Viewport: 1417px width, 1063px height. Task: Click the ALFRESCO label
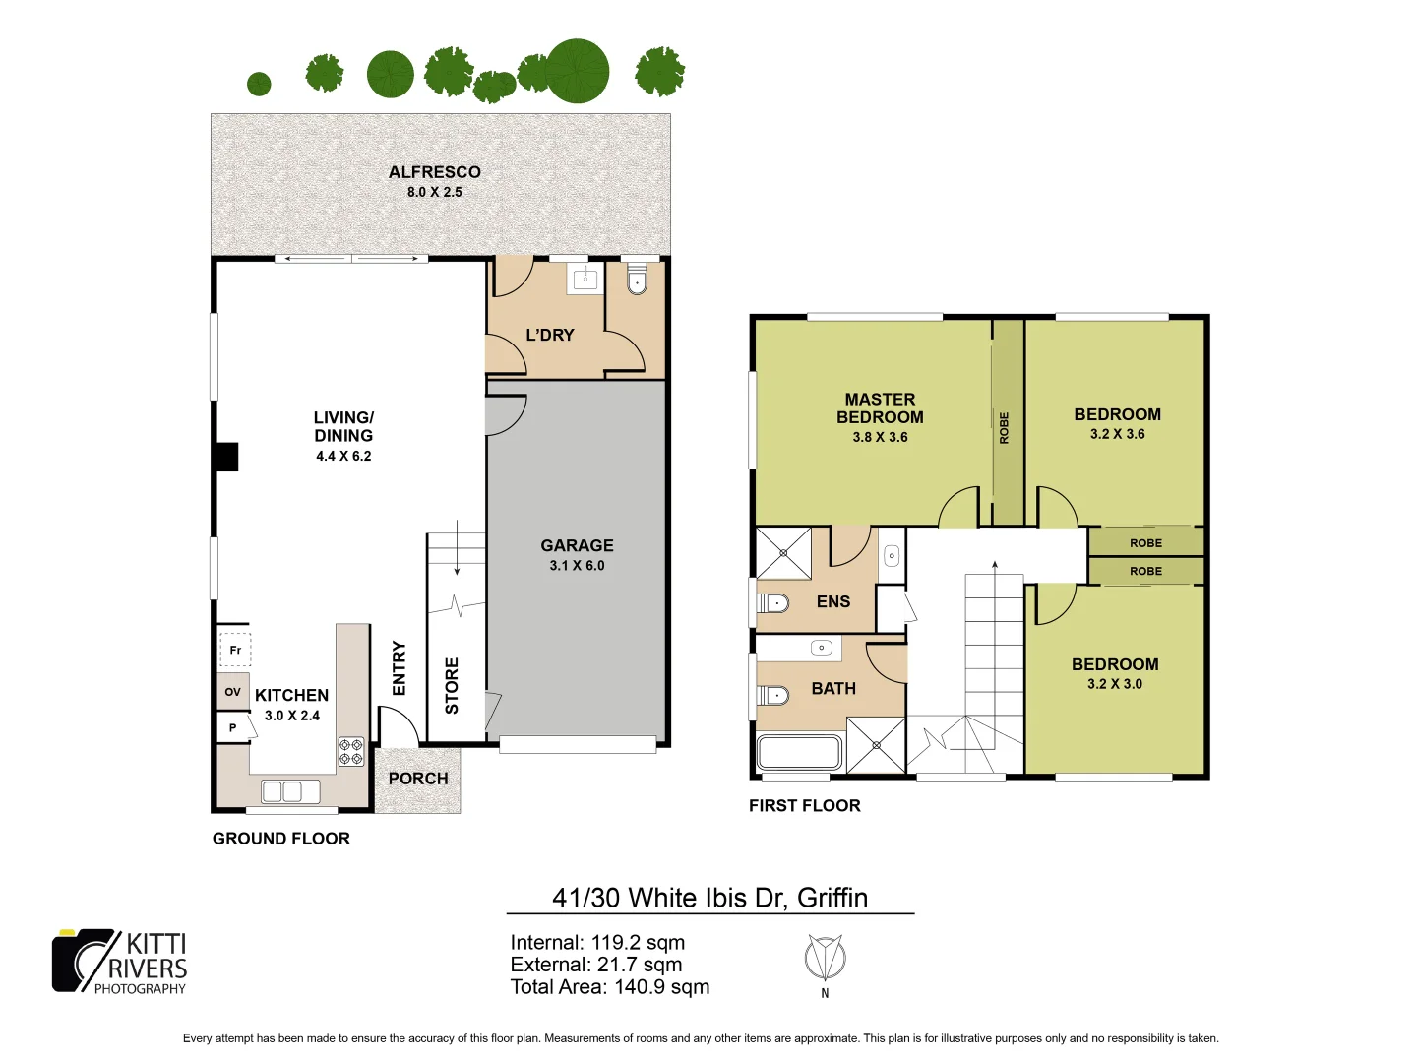pyautogui.click(x=434, y=172)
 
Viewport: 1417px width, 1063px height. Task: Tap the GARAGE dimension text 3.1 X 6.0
pyautogui.click(x=577, y=566)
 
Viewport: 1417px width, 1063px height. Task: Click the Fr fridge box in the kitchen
pyautogui.click(x=235, y=650)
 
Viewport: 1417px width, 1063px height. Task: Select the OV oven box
pyautogui.click(x=233, y=692)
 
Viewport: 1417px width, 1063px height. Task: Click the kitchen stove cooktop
pyautogui.click(x=351, y=751)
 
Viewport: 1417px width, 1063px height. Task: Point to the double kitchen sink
pyautogui.click(x=290, y=791)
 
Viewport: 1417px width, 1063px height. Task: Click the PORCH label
pyautogui.click(x=418, y=779)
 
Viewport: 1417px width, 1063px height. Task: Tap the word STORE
pyautogui.click(x=452, y=685)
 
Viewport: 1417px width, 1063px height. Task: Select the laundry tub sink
pyautogui.click(x=585, y=279)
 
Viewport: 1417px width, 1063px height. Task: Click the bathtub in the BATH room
pyautogui.click(x=798, y=753)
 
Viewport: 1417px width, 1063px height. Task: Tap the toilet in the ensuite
pyautogui.click(x=773, y=602)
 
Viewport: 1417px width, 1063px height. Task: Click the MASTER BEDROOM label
pyautogui.click(x=880, y=407)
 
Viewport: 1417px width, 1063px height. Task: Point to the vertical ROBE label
pyautogui.click(x=1005, y=428)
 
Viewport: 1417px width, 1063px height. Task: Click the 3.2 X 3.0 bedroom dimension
pyautogui.click(x=1115, y=684)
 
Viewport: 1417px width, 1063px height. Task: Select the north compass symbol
pyautogui.click(x=825, y=958)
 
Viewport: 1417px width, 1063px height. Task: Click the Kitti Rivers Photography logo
pyautogui.click(x=120, y=962)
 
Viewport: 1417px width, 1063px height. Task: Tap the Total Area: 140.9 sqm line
pyautogui.click(x=609, y=987)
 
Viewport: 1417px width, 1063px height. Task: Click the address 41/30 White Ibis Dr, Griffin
pyautogui.click(x=709, y=898)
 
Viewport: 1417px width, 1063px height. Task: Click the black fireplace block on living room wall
pyautogui.click(x=227, y=457)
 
